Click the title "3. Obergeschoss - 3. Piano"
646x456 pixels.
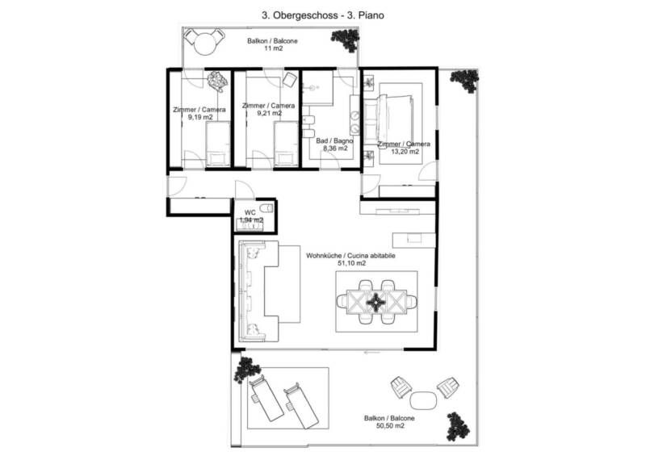click(323, 15)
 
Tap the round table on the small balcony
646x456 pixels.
click(205, 43)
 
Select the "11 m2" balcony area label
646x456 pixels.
click(273, 48)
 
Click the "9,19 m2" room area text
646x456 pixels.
click(200, 117)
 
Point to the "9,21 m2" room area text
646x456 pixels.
click(269, 113)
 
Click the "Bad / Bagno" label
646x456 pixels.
click(334, 141)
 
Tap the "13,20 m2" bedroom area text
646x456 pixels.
click(405, 151)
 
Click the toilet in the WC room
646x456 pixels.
click(266, 208)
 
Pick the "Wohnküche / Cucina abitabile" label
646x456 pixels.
click(350, 256)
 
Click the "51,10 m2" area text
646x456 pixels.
click(351, 263)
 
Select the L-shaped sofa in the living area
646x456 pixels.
click(258, 291)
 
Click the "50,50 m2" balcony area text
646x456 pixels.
click(390, 426)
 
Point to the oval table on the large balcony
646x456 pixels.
click(423, 400)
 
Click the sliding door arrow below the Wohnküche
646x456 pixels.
click(372, 353)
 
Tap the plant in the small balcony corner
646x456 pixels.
click(346, 40)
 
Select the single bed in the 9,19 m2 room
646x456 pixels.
click(217, 144)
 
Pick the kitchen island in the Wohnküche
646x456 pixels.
click(413, 241)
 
